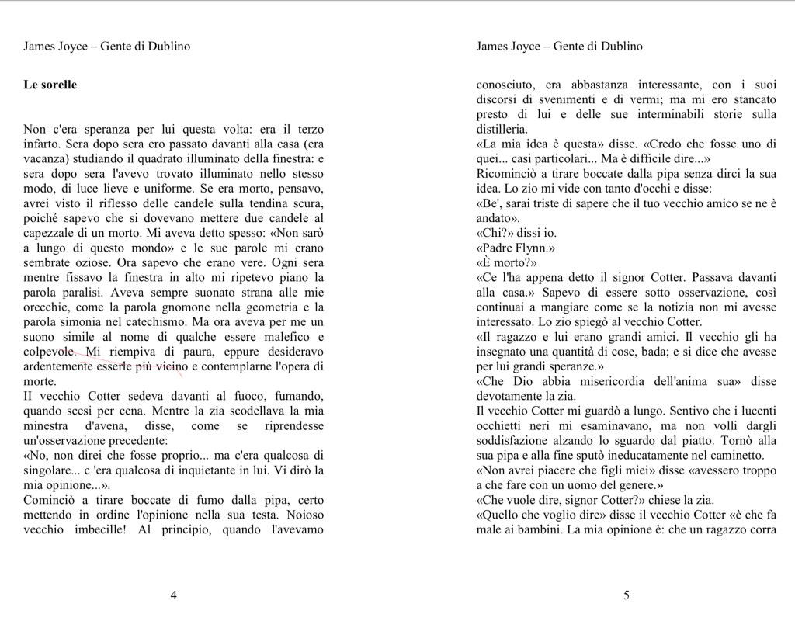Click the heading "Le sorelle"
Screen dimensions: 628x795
pyautogui.click(x=50, y=85)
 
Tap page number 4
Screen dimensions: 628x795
pyautogui.click(x=173, y=595)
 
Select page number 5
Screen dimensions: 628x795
pyautogui.click(x=627, y=595)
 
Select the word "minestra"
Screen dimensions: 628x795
pyautogui.click(x=46, y=426)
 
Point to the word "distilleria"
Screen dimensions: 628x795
pyautogui.click(x=502, y=130)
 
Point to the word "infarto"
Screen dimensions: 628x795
pyautogui.click(x=42, y=144)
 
